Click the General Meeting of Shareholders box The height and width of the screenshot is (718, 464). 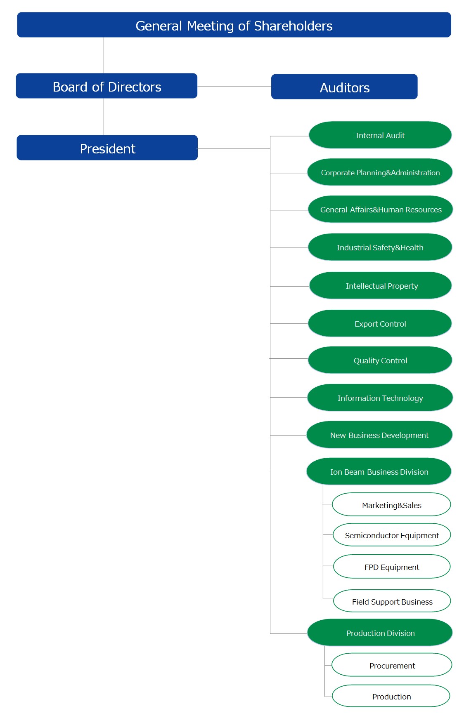pyautogui.click(x=234, y=25)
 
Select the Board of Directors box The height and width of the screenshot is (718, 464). pyautogui.click(x=107, y=86)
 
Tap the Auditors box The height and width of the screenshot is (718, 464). pyautogui.click(x=344, y=87)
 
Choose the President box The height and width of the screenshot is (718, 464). pyautogui.click(x=107, y=148)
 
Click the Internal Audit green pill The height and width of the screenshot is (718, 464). pyautogui.click(x=380, y=135)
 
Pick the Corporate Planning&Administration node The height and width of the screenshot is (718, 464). pyautogui.click(x=380, y=172)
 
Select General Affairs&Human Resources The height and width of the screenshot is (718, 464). pyautogui.click(x=380, y=209)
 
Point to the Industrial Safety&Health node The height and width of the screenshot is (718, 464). pyautogui.click(x=380, y=247)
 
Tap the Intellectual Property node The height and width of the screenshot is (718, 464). pyautogui.click(x=380, y=285)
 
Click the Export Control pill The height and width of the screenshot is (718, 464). pyautogui.click(x=380, y=323)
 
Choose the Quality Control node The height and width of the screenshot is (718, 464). pyautogui.click(x=380, y=360)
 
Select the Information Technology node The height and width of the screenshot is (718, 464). pyautogui.click(x=380, y=398)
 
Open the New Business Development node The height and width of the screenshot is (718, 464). pyautogui.click(x=379, y=435)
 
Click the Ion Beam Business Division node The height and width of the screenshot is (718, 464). pyautogui.click(x=379, y=471)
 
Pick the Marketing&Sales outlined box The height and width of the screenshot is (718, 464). pyautogui.click(x=391, y=504)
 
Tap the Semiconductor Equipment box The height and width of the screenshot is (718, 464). pyautogui.click(x=392, y=535)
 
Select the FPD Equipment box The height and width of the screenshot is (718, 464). pyautogui.click(x=392, y=567)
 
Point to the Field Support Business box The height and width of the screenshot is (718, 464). pyautogui.click(x=392, y=601)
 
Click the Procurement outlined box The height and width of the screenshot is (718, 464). pyautogui.click(x=392, y=665)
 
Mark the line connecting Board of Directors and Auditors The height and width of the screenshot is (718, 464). pyautogui.click(x=234, y=87)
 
